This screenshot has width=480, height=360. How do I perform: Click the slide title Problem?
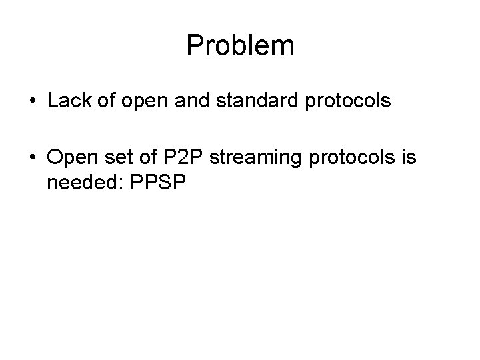tap(240, 46)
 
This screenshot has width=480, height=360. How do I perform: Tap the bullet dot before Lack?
tap(32, 102)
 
